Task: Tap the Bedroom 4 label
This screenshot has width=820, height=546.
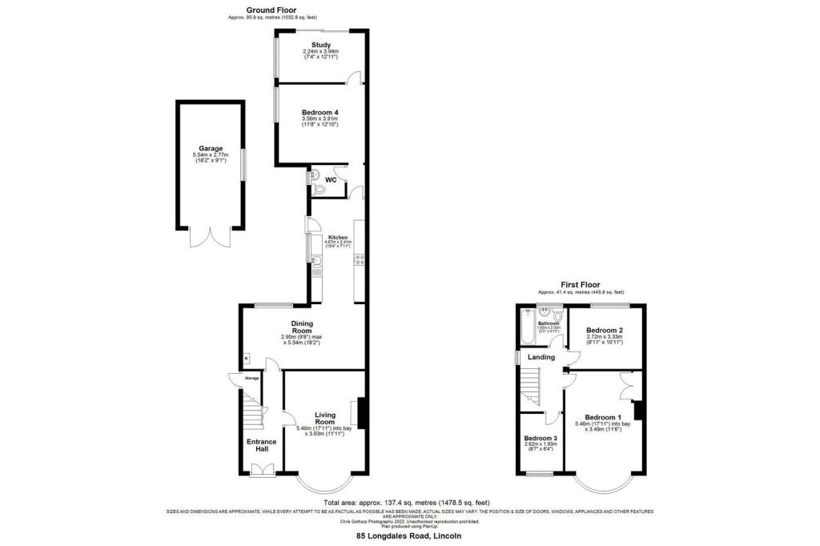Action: click(320, 113)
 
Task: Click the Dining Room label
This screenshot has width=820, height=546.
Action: click(301, 327)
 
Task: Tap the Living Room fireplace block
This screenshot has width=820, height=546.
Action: click(361, 413)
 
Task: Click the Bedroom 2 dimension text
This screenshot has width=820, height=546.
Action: click(605, 340)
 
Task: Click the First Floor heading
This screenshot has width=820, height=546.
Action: click(581, 283)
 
